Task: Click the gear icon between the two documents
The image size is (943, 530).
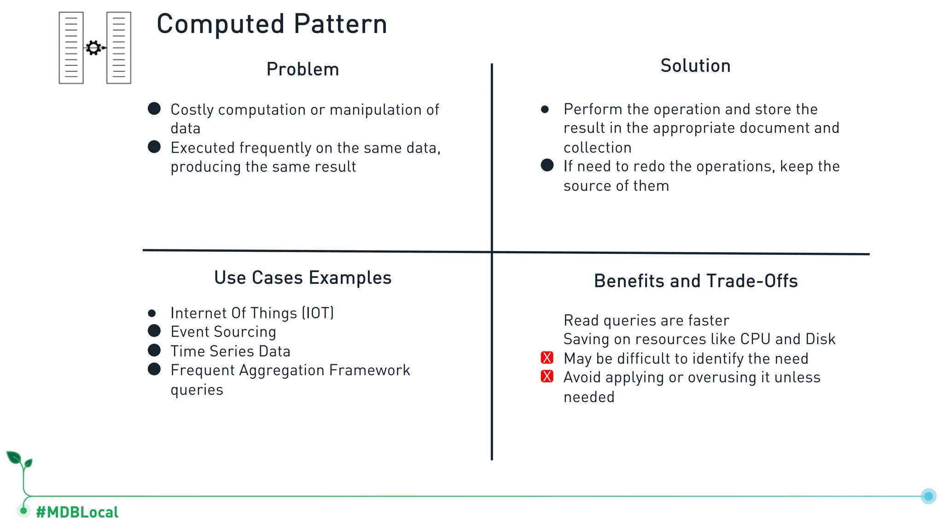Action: [x=93, y=48]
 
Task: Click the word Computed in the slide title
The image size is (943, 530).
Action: [x=221, y=24]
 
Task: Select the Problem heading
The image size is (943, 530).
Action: [x=303, y=69]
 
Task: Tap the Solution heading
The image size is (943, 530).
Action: [x=695, y=66]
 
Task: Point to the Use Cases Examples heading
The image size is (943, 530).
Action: [x=303, y=278]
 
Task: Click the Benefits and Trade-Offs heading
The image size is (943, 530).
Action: [x=695, y=281]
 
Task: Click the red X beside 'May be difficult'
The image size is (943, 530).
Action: [x=547, y=358]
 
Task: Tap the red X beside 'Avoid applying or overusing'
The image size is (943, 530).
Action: [x=547, y=377]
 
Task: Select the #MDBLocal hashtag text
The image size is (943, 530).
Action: [x=77, y=512]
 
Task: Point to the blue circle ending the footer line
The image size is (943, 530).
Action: [x=928, y=496]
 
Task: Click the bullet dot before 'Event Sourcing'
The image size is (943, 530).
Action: [x=154, y=331]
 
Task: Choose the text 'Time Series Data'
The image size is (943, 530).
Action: [x=230, y=351]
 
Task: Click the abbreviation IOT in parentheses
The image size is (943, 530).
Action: [x=318, y=313]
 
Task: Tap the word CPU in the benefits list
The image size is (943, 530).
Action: [x=755, y=339]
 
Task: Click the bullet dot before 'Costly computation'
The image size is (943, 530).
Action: [x=154, y=109]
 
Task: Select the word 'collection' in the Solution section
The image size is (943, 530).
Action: [x=597, y=148]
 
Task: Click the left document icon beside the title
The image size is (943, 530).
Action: [x=71, y=48]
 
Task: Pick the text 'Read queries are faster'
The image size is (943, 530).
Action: [x=646, y=321]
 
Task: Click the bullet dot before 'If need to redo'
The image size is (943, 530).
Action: [x=547, y=165]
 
